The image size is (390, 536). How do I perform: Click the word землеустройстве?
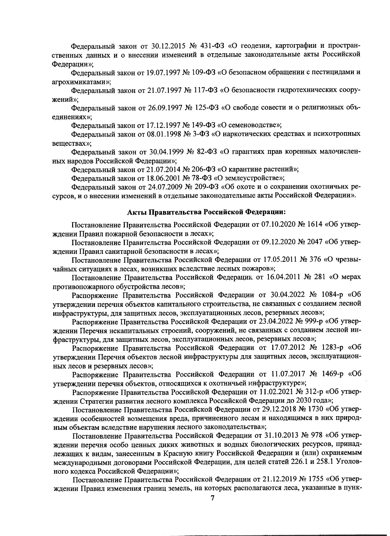pyautogui.click(x=253, y=178)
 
